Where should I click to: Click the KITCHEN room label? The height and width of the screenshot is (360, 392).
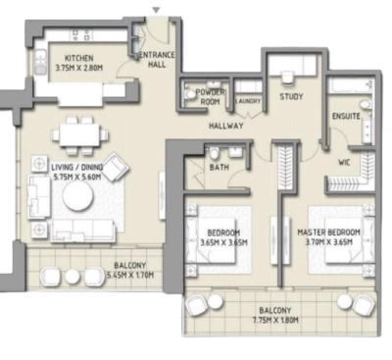click(x=78, y=58)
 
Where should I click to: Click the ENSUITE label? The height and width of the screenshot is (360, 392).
click(x=346, y=117)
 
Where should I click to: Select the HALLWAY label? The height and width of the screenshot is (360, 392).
click(x=225, y=128)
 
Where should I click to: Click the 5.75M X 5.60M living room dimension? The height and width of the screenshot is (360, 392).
click(x=77, y=179)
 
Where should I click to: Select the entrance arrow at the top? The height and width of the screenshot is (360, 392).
click(x=154, y=10)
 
